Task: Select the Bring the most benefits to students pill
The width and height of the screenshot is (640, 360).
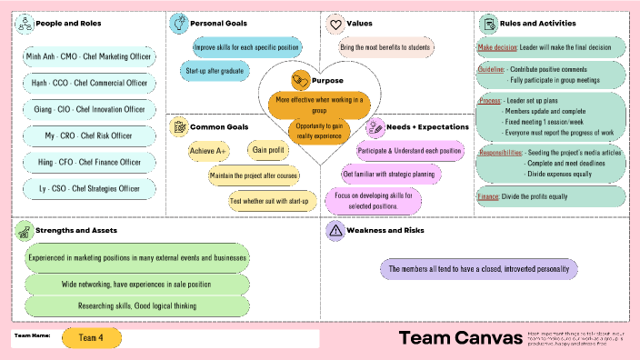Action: click(x=385, y=45)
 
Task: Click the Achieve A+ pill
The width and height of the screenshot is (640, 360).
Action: click(x=208, y=150)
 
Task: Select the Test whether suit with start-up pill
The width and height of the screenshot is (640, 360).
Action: click(x=269, y=200)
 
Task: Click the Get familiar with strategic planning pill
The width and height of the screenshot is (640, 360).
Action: click(x=392, y=174)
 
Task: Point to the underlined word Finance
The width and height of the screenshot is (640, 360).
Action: click(x=488, y=196)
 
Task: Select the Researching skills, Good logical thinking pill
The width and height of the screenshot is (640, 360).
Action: click(x=136, y=305)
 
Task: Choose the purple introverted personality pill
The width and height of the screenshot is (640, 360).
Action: click(x=477, y=269)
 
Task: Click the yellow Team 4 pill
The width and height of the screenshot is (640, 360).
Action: click(x=91, y=337)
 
